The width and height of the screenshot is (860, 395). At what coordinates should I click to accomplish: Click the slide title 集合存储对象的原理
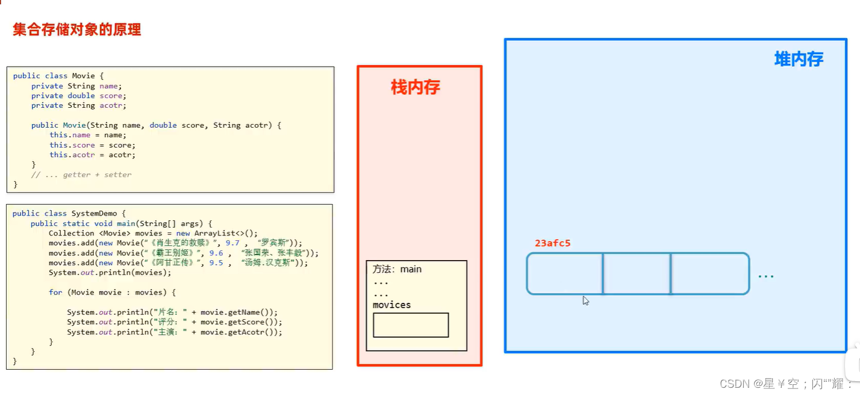click(x=76, y=30)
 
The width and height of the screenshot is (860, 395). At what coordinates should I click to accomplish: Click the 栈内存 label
click(x=416, y=87)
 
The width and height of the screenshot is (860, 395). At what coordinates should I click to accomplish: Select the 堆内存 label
click(x=798, y=59)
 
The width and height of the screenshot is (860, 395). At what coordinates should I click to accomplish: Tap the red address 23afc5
click(x=552, y=243)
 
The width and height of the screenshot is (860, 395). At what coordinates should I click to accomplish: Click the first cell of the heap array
click(x=564, y=273)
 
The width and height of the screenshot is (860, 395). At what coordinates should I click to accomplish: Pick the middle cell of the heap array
click(x=637, y=273)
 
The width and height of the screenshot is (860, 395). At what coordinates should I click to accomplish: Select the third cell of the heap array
click(x=709, y=273)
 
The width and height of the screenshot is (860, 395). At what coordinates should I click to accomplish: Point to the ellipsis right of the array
click(x=765, y=276)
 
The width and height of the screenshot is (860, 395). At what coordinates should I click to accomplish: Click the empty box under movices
click(x=411, y=325)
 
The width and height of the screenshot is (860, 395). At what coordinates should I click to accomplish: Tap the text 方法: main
click(x=397, y=269)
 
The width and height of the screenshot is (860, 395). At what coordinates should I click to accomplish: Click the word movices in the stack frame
click(x=391, y=305)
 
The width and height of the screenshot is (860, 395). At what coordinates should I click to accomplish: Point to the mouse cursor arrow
click(x=585, y=300)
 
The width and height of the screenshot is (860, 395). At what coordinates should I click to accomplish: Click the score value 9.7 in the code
click(x=232, y=243)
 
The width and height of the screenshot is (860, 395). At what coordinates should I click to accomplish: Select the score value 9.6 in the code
click(x=216, y=253)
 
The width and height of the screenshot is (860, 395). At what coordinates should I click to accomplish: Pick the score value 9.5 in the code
click(x=216, y=263)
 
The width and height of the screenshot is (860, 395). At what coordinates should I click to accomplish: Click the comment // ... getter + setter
click(x=81, y=175)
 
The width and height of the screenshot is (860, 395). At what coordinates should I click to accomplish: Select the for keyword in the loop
click(x=55, y=292)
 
